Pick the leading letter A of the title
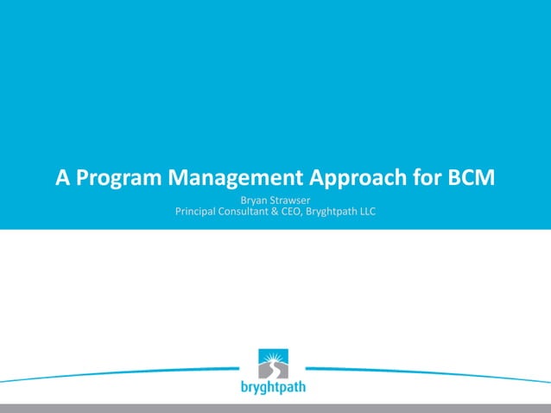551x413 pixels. [x=63, y=179]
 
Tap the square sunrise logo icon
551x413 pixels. [x=274, y=364]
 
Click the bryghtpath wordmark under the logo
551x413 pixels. [x=274, y=388]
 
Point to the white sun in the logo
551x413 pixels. [x=275, y=358]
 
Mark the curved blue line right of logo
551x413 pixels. [x=423, y=372]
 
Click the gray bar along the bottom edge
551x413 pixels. [x=275, y=408]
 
